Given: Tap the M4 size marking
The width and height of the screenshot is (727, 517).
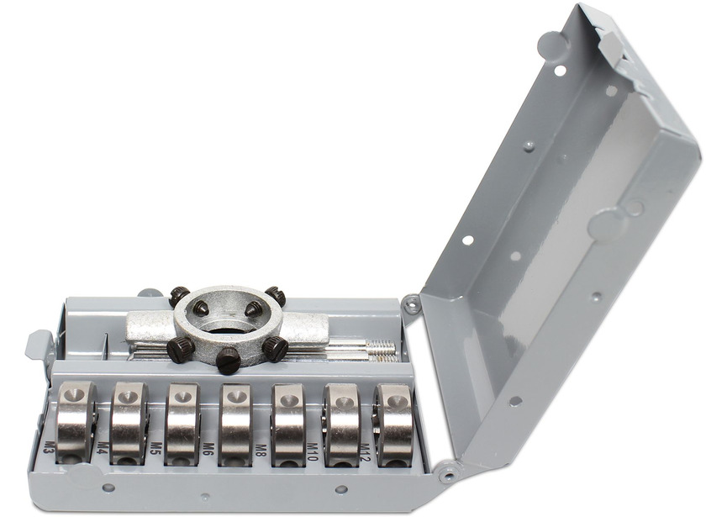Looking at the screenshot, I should pyautogui.click(x=102, y=446).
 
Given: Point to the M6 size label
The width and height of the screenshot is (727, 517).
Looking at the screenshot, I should pyautogui.click(x=208, y=446).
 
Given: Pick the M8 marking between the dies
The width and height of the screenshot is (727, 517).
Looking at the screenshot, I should pyautogui.click(x=261, y=448).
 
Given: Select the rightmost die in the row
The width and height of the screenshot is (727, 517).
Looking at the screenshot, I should pyautogui.click(x=393, y=425).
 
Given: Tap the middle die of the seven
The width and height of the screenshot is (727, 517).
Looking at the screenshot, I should pyautogui.click(x=235, y=424).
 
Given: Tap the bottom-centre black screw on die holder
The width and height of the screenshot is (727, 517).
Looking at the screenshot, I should pyautogui.click(x=228, y=361).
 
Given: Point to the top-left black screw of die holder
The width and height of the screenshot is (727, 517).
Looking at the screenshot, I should pyautogui.click(x=178, y=296).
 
